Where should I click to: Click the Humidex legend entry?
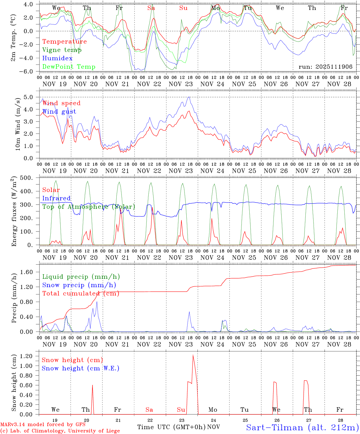point(57,58)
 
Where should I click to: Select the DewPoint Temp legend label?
point(69,67)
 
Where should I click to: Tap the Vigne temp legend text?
point(62,50)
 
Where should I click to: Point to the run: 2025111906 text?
point(325,67)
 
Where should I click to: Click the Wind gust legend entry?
point(59,112)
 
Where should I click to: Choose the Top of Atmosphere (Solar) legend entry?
point(89,207)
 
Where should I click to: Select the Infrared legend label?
point(56,198)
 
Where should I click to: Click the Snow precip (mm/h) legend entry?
point(79,285)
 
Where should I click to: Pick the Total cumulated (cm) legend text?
point(81,294)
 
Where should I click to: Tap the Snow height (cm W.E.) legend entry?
point(81,368)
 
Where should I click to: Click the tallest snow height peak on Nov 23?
point(193,355)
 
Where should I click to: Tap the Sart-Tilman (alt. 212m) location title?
point(302,427)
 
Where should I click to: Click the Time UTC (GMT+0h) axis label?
point(171,427)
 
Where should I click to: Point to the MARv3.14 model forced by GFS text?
point(43,425)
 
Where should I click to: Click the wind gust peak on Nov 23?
point(189,97)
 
